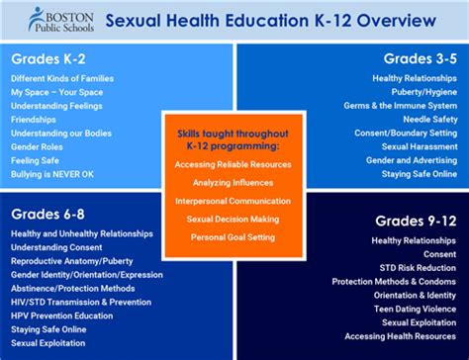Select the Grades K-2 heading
coord(47,57)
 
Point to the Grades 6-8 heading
coord(48,214)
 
